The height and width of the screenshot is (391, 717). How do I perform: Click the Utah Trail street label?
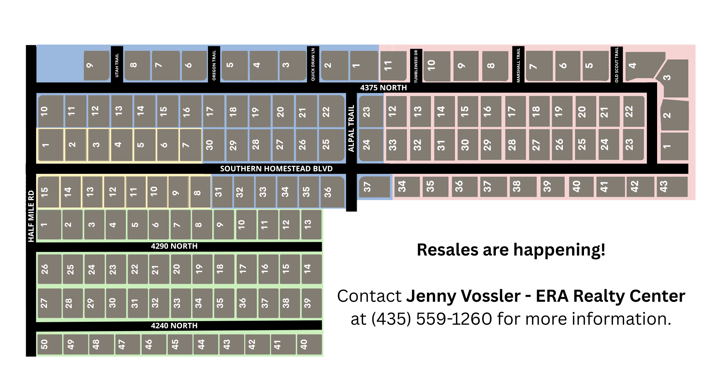(x=117, y=65)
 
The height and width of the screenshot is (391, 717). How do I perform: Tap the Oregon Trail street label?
(x=214, y=65)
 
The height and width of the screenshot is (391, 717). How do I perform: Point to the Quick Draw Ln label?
(x=313, y=65)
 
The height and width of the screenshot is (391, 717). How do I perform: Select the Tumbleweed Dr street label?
(x=416, y=66)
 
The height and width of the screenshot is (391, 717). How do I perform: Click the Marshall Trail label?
(x=518, y=65)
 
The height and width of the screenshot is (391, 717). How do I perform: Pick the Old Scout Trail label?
(x=617, y=65)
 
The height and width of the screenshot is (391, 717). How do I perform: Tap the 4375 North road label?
(x=383, y=88)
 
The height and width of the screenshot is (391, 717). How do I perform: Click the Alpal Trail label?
(x=351, y=128)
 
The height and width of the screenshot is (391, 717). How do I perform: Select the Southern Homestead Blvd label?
(x=276, y=169)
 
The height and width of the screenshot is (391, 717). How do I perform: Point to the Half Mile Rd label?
(x=31, y=216)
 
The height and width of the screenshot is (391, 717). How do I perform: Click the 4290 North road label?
(x=174, y=246)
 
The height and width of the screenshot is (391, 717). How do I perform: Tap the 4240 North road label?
(x=174, y=326)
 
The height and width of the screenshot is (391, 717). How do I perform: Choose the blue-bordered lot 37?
(x=374, y=187)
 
